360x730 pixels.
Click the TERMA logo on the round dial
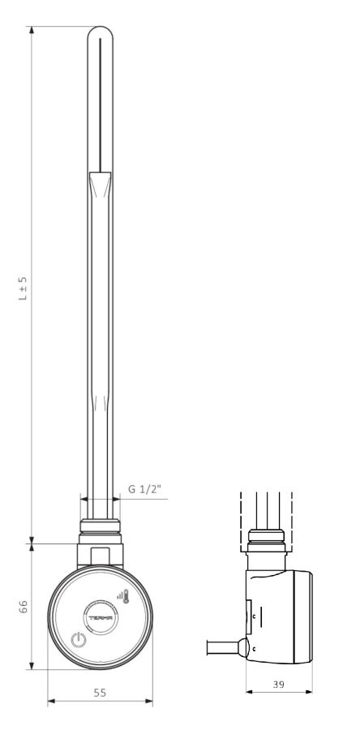[100, 617]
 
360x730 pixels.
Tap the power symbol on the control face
[79, 641]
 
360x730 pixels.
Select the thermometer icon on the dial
[126, 596]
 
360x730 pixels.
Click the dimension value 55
[100, 693]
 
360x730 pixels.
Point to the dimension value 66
[24, 606]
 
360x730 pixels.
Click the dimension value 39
[279, 684]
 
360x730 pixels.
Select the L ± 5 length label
[23, 288]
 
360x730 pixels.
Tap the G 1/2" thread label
[144, 489]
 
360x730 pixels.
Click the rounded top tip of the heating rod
[100, 29]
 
